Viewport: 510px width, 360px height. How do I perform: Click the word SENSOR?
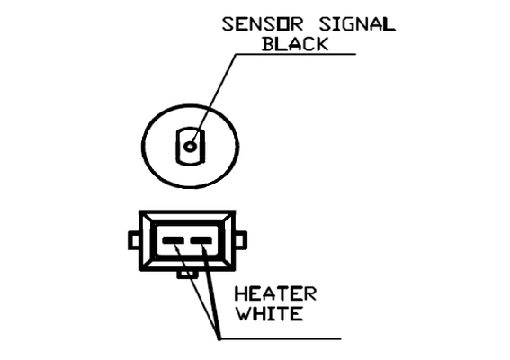pos(263,24)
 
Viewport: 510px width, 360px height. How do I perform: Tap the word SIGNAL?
pos(357,24)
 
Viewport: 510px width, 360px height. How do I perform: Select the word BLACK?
pos(295,44)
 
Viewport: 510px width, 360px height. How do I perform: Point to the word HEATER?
pos(275,293)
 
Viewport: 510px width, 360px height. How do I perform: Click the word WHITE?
pos(269,313)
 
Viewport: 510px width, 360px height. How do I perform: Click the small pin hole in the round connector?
pos(190,147)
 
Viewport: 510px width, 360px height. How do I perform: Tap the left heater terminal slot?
pos(173,241)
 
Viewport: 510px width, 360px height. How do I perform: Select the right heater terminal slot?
pos(201,241)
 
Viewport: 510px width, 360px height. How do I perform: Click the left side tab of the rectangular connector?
pos(134,240)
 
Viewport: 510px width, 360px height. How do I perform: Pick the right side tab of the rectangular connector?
pos(241,240)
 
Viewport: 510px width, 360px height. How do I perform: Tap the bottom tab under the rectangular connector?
pos(187,274)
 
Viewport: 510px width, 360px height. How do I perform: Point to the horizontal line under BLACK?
pos(295,54)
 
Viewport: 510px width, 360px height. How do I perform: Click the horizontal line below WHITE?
pos(280,338)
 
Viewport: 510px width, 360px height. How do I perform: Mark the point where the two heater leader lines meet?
pos(219,338)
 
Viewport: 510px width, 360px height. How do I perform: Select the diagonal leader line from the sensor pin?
pos(213,100)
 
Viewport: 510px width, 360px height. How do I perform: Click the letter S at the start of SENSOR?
pos(228,24)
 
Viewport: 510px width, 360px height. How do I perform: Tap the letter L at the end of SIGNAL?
pos(389,24)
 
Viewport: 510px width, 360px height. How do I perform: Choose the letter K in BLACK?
pos(322,44)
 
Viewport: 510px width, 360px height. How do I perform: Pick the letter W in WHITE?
pos(243,313)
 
